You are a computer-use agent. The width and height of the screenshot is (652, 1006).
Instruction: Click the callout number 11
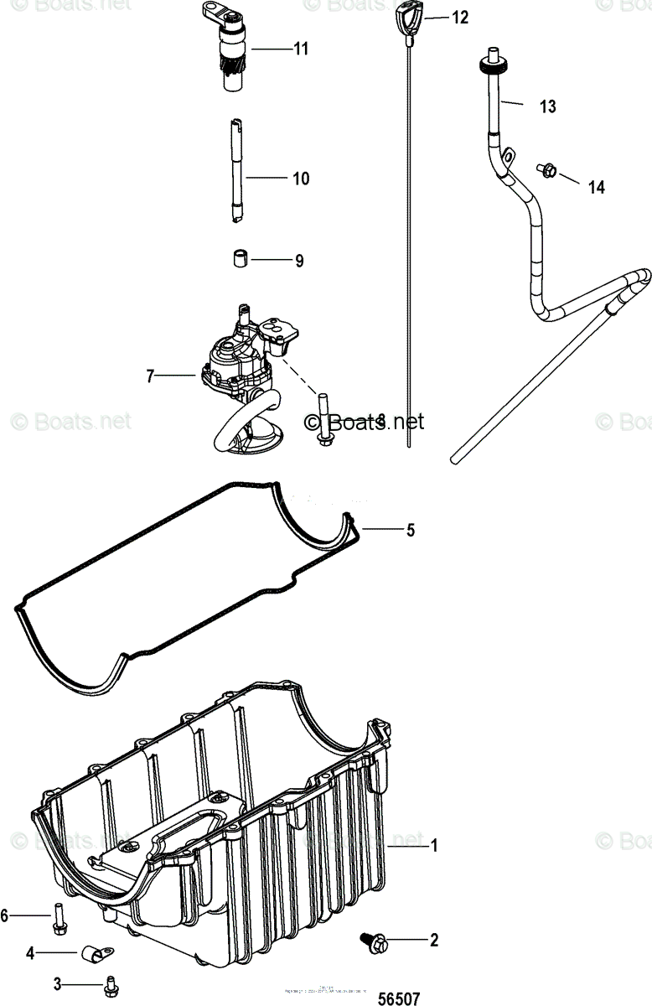(300, 49)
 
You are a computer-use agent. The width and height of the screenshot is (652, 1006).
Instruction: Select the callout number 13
(547, 107)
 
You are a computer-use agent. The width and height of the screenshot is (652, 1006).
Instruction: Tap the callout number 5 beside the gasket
(410, 530)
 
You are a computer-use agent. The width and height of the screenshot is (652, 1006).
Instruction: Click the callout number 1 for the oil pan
(434, 846)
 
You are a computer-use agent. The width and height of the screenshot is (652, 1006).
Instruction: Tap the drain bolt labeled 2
(373, 943)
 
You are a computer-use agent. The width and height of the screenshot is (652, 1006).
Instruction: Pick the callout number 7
(150, 377)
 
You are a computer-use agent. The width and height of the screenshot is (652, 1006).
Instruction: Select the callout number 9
(298, 261)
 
